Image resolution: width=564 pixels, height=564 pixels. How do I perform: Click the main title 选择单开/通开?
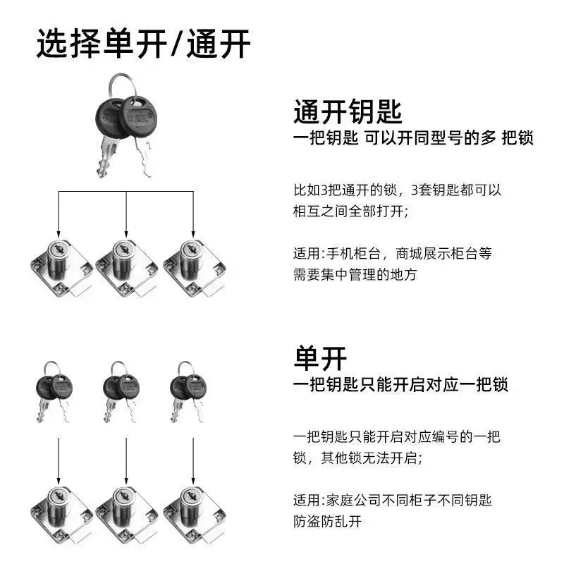coord(143,44)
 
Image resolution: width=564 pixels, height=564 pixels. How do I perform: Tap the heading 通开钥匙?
coord(348,112)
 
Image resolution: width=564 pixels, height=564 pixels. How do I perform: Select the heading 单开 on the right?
coord(320,358)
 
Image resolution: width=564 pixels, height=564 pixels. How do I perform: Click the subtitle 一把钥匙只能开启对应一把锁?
coord(400,384)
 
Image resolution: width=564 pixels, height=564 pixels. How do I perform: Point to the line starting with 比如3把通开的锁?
coord(398,190)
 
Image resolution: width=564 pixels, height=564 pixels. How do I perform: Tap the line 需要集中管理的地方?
coord(355,274)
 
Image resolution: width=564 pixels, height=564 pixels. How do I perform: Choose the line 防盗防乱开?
coord(327,521)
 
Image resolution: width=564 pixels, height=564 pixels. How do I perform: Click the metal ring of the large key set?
coord(121,85)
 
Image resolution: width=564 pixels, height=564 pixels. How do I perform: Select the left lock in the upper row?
coord(61,268)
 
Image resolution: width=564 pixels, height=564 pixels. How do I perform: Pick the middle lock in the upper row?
coord(127,268)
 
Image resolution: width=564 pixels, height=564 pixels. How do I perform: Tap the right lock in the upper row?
coord(195,268)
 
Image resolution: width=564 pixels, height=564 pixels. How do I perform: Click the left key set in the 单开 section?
coord(54,392)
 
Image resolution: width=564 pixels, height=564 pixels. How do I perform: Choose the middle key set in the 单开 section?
coord(121,392)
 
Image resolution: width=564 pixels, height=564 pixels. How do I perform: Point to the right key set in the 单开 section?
coord(188,392)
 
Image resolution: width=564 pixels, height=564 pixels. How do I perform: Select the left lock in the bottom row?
coord(61,515)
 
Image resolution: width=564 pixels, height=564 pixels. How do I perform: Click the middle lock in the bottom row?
coord(127,515)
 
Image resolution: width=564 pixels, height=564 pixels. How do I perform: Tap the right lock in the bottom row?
coord(195,515)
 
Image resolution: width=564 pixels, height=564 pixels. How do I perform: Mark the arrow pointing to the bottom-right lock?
coord(193,461)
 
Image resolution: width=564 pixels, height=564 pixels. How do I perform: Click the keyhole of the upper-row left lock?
coord(58,248)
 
